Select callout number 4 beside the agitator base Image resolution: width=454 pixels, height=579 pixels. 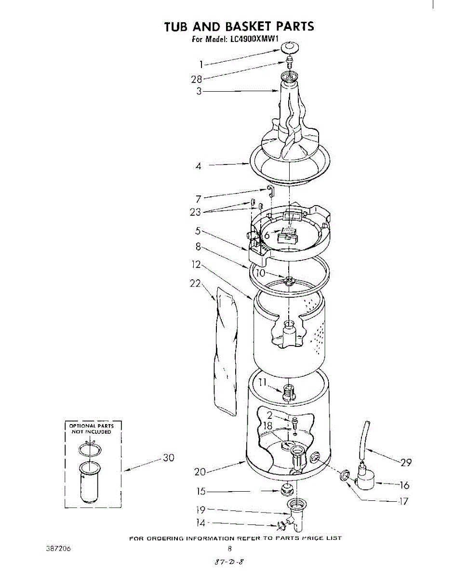pos(198,166)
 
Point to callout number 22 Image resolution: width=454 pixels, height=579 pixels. pos(195,284)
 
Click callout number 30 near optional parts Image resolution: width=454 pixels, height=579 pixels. pos(168,458)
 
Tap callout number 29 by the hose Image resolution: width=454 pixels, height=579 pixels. pos(406,462)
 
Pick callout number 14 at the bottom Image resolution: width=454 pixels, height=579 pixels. pos(201,523)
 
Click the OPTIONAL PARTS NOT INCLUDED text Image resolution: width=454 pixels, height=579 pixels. pos(92,429)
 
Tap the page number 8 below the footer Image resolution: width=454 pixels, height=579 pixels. pos(230,548)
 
